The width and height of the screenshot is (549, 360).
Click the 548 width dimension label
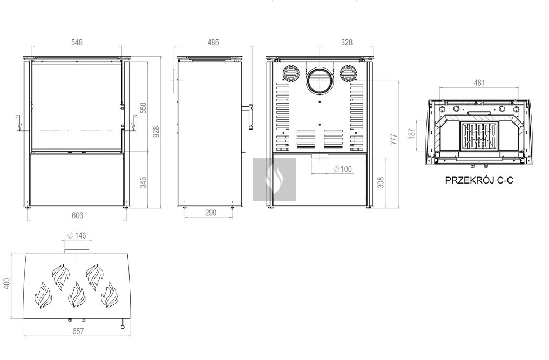(77, 43)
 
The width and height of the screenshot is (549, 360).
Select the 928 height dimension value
(156, 132)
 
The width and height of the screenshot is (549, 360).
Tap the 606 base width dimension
(77, 215)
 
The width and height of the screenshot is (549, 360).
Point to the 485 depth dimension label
(213, 43)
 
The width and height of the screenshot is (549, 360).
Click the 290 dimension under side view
(211, 213)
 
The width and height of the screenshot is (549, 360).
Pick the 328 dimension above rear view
(347, 43)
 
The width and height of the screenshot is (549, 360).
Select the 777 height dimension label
(394, 139)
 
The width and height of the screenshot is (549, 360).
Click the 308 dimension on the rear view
(381, 182)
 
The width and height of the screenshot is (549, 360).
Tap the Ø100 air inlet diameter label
(342, 169)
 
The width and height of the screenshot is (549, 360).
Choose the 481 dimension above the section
(479, 83)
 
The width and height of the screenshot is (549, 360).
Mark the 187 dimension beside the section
(411, 133)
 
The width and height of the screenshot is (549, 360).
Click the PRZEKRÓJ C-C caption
(479, 180)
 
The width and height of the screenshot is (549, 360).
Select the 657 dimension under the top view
(78, 331)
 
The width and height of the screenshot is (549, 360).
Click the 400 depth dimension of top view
(6, 283)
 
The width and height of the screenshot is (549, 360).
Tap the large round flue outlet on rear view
(319, 81)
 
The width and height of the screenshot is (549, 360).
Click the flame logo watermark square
(274, 180)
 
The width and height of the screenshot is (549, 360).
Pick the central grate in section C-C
(479, 136)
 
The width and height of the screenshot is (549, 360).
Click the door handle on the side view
(250, 117)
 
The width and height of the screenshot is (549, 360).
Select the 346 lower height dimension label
(143, 182)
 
